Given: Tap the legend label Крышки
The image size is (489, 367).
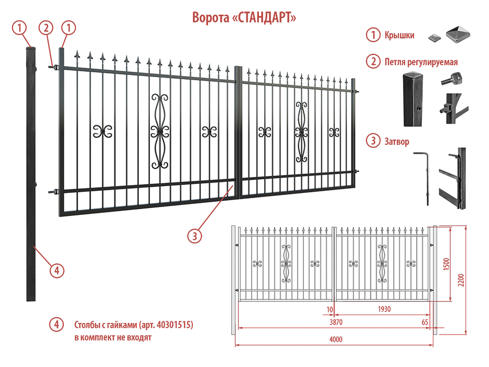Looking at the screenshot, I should pyautogui.click(x=399, y=36).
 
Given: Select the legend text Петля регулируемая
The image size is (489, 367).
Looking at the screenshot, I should pyautogui.click(x=421, y=62).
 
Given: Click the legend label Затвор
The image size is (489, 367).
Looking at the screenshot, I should pyautogui.click(x=397, y=142).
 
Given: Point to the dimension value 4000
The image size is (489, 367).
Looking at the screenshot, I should pyautogui.click(x=336, y=339).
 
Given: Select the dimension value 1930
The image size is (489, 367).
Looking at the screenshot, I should pyautogui.click(x=384, y=309).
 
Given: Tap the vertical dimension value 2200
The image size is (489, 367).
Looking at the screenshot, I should pyautogui.click(x=461, y=281).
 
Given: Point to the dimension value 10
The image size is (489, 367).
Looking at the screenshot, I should pyautogui.click(x=330, y=309).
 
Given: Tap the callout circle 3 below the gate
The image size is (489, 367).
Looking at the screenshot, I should pyautogui.click(x=194, y=235).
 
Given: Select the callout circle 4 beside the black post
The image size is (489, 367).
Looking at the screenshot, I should pyautogui.click(x=57, y=270).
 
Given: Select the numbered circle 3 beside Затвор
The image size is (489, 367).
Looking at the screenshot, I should pyautogui.click(x=373, y=141).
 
